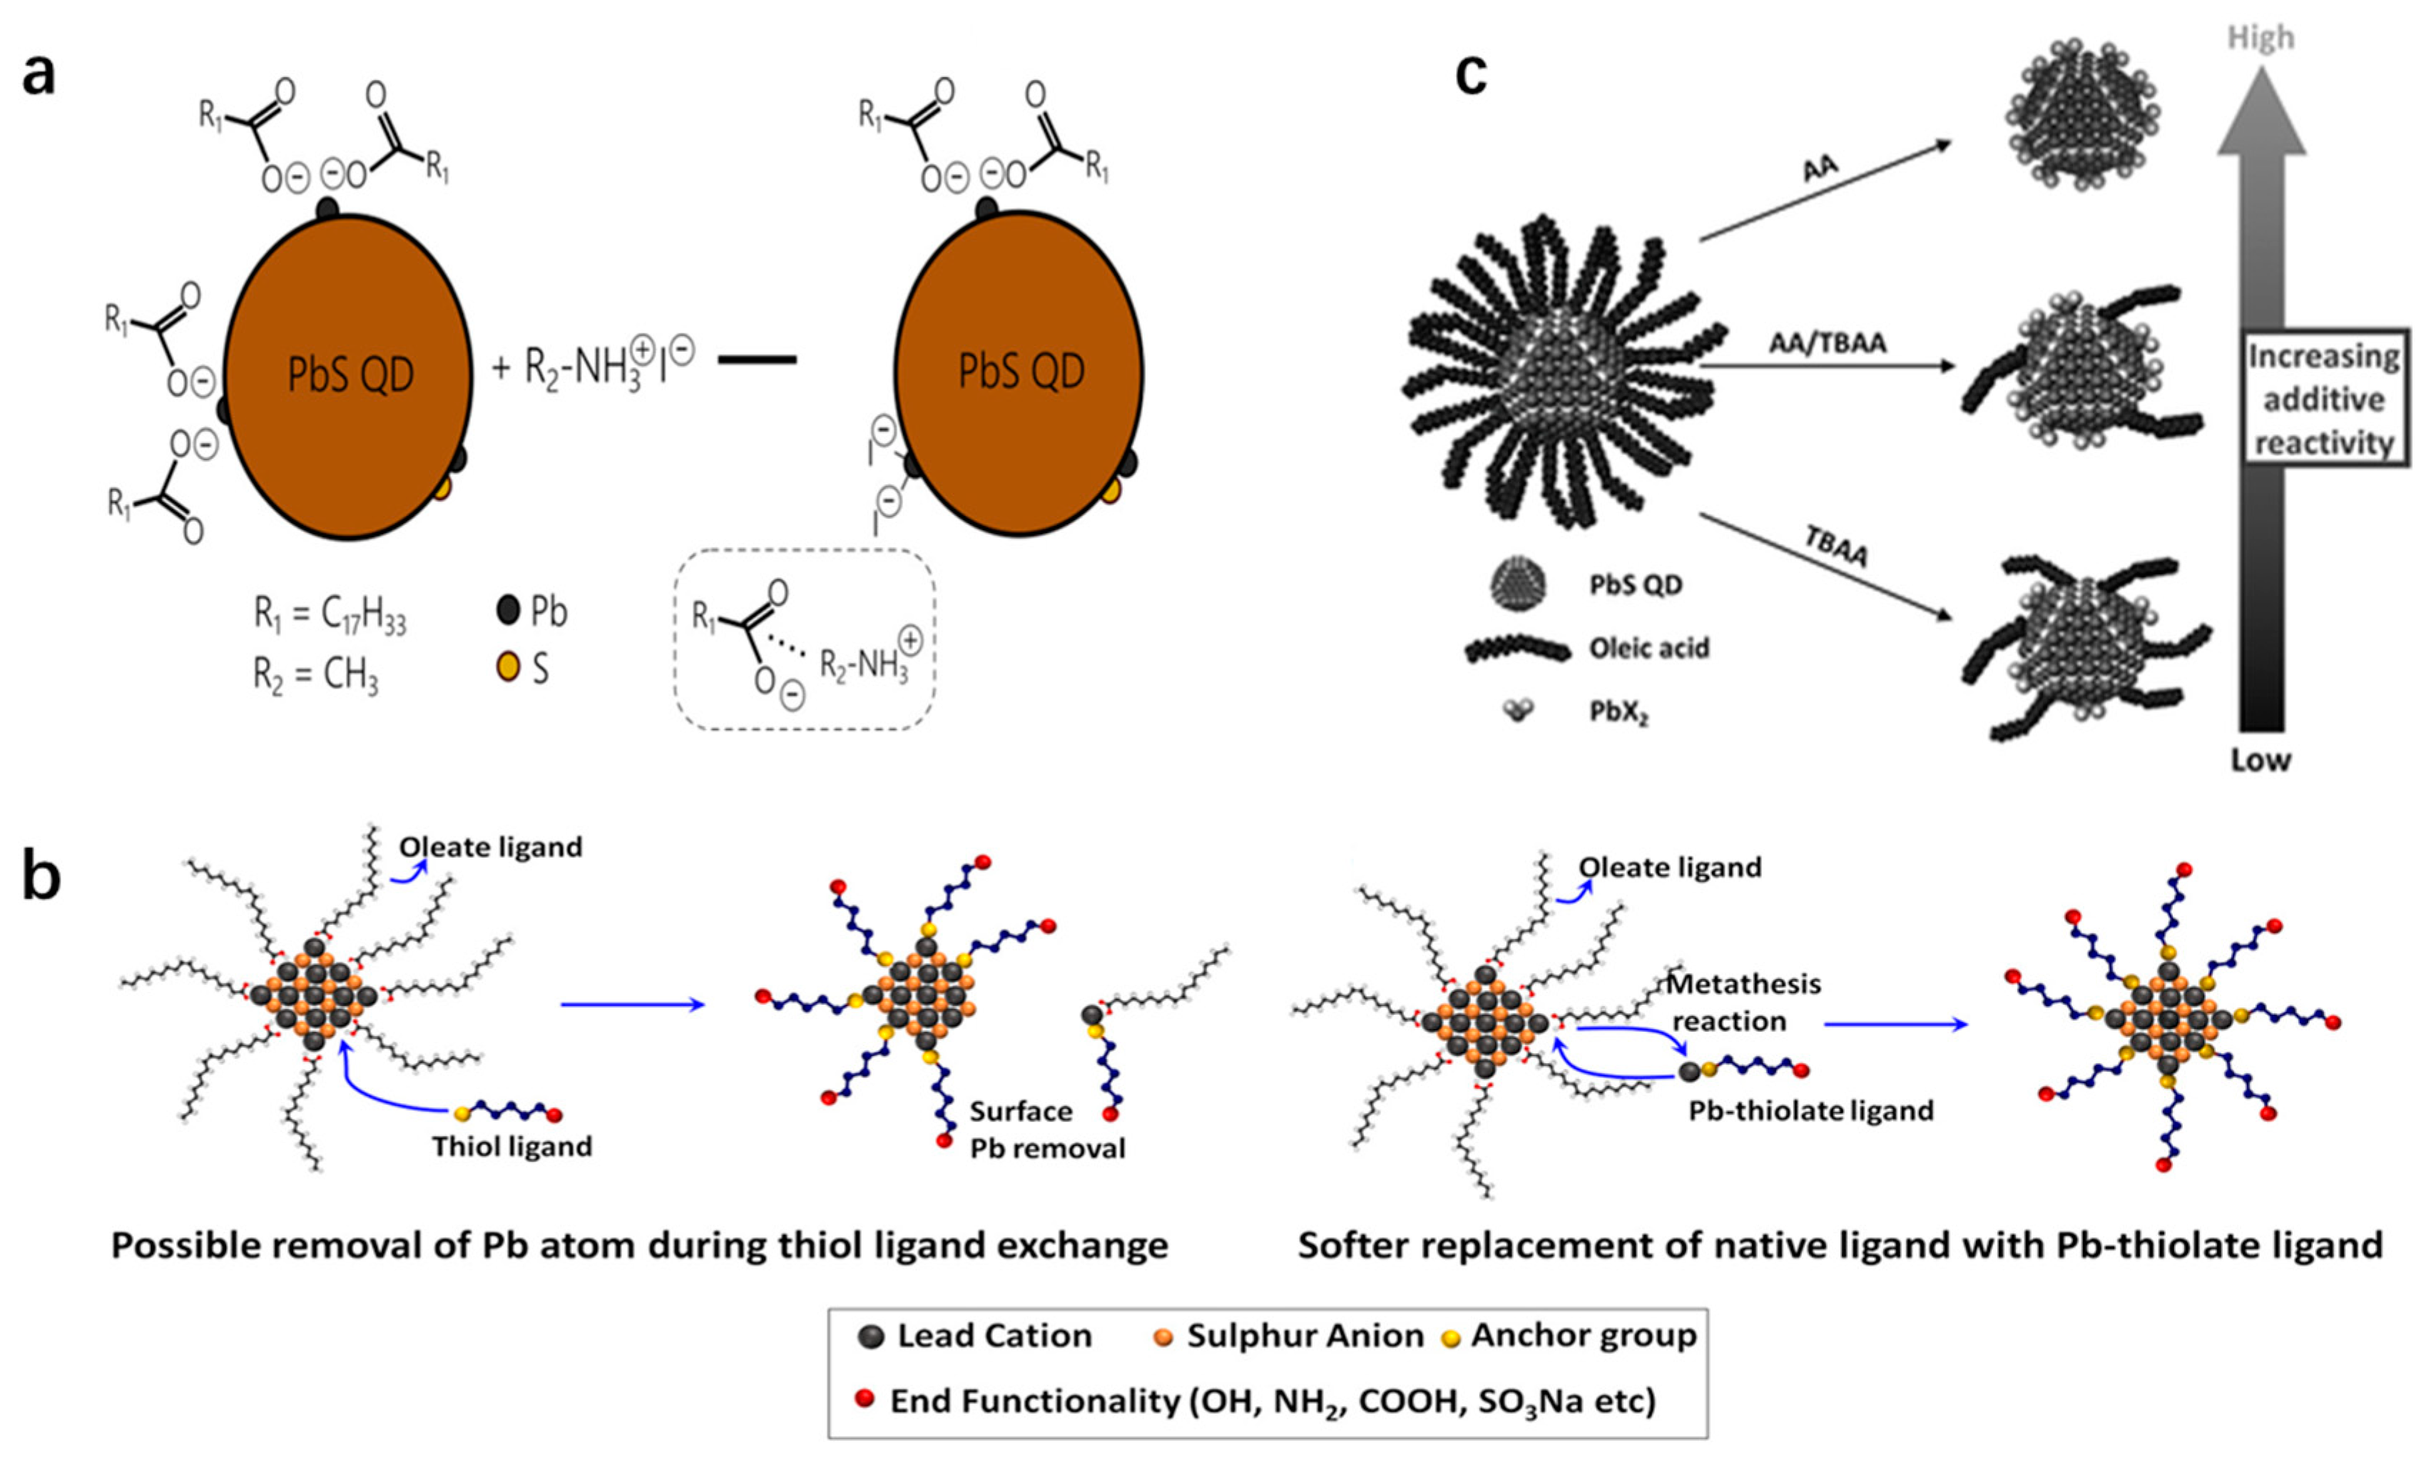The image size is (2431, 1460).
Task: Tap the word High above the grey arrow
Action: point(2260,37)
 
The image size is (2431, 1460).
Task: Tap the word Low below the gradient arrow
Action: point(2260,759)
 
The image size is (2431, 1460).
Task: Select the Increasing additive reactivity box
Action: point(2323,398)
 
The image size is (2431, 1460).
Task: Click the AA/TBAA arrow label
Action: point(1828,343)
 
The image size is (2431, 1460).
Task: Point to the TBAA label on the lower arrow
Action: point(1836,546)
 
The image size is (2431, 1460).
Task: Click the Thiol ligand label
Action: point(512,1146)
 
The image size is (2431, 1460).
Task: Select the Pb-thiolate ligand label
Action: point(1810,1111)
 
